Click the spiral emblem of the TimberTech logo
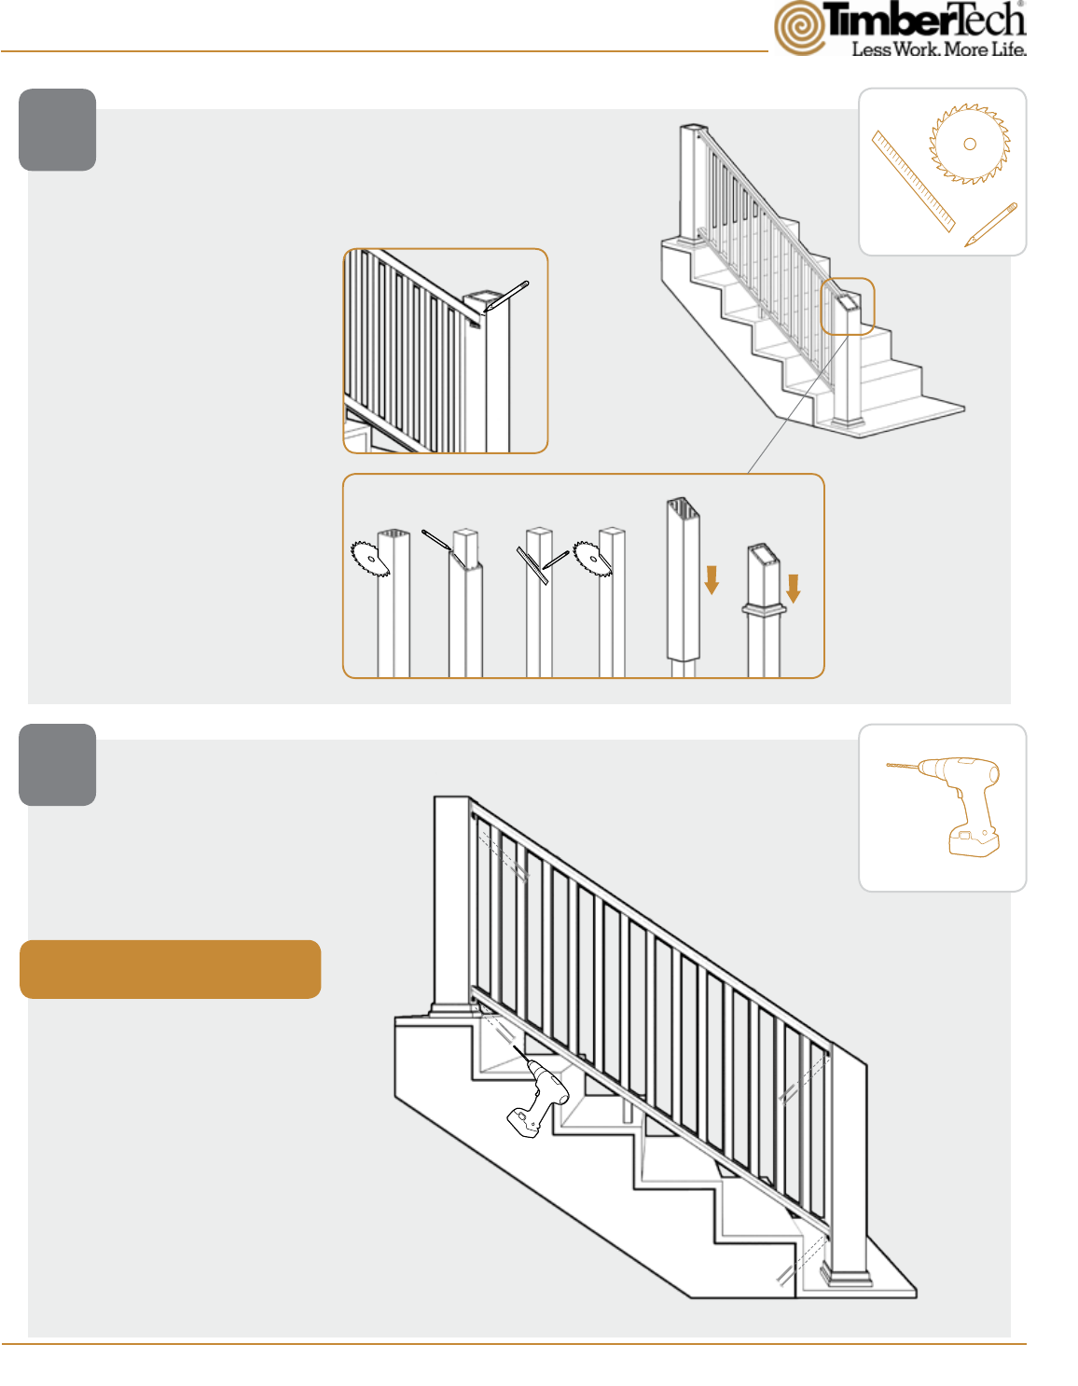[799, 28]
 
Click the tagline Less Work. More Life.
[939, 49]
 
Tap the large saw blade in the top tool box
[970, 144]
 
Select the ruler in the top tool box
[914, 181]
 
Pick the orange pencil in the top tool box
[990, 224]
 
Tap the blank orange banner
[171, 969]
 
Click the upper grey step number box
[58, 130]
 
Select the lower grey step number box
[58, 764]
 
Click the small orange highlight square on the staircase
[848, 306]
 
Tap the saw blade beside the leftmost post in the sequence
[369, 559]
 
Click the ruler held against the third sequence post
[532, 565]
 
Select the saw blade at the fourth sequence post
[591, 559]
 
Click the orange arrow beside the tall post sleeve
[712, 580]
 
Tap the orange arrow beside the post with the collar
[793, 589]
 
